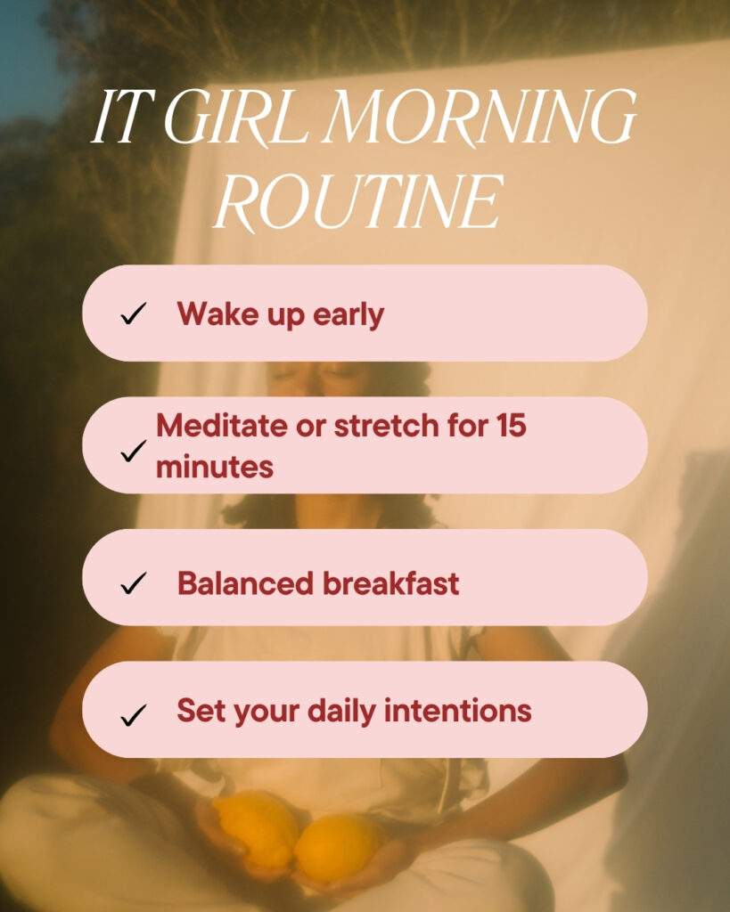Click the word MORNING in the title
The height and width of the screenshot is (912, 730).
click(x=480, y=117)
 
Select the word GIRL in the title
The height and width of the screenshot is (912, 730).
click(x=236, y=117)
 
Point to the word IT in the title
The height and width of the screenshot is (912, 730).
click(x=123, y=117)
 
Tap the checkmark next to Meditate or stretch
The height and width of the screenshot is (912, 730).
click(x=134, y=451)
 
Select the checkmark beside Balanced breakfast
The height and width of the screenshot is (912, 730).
click(x=134, y=582)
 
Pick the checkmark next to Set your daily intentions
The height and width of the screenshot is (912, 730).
click(x=134, y=715)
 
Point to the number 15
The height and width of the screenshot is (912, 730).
click(x=512, y=425)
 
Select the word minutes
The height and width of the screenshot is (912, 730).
click(x=215, y=467)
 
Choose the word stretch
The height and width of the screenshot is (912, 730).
click(x=386, y=425)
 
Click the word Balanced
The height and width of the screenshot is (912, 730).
click(x=245, y=582)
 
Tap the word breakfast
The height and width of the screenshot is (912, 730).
click(x=390, y=582)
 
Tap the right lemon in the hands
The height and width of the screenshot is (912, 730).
click(x=339, y=847)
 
